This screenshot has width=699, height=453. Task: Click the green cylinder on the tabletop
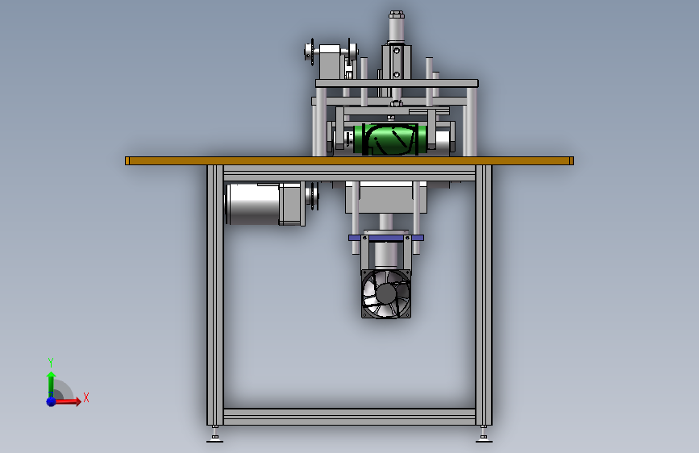coord(390,139)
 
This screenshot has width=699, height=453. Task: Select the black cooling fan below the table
coord(386,294)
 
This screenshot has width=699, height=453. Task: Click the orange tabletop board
coord(350,160)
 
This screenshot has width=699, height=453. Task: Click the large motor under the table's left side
coord(265,203)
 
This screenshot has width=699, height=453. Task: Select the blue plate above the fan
coord(386,238)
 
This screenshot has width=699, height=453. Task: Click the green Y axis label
coord(51,362)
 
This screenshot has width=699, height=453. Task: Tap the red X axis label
coord(86,397)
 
